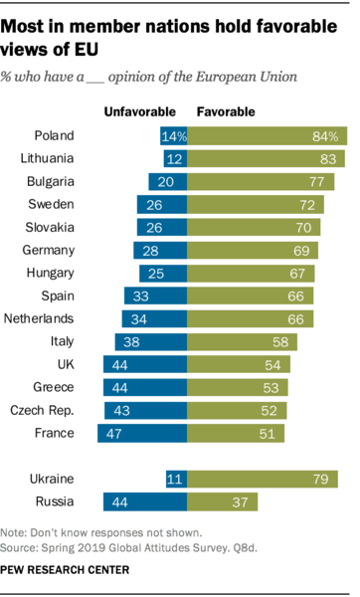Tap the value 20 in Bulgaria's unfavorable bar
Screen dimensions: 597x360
coord(167,181)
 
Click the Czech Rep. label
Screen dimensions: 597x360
coord(61,410)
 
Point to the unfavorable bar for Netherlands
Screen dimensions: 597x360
coord(154,318)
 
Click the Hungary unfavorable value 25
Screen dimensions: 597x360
coord(167,273)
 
